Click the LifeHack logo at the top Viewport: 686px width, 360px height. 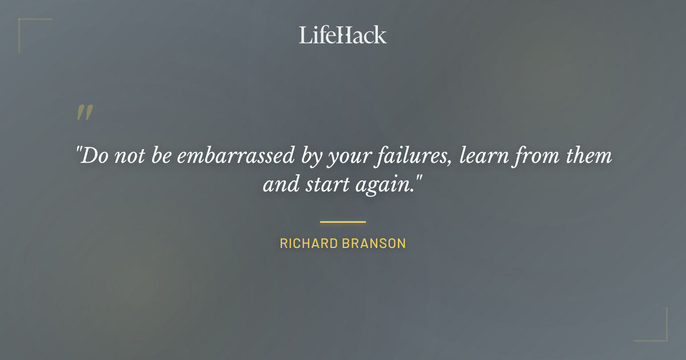pyautogui.click(x=343, y=35)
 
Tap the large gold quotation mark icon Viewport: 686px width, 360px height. pyautogui.click(x=84, y=113)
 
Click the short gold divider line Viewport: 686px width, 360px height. pyautogui.click(x=343, y=222)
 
